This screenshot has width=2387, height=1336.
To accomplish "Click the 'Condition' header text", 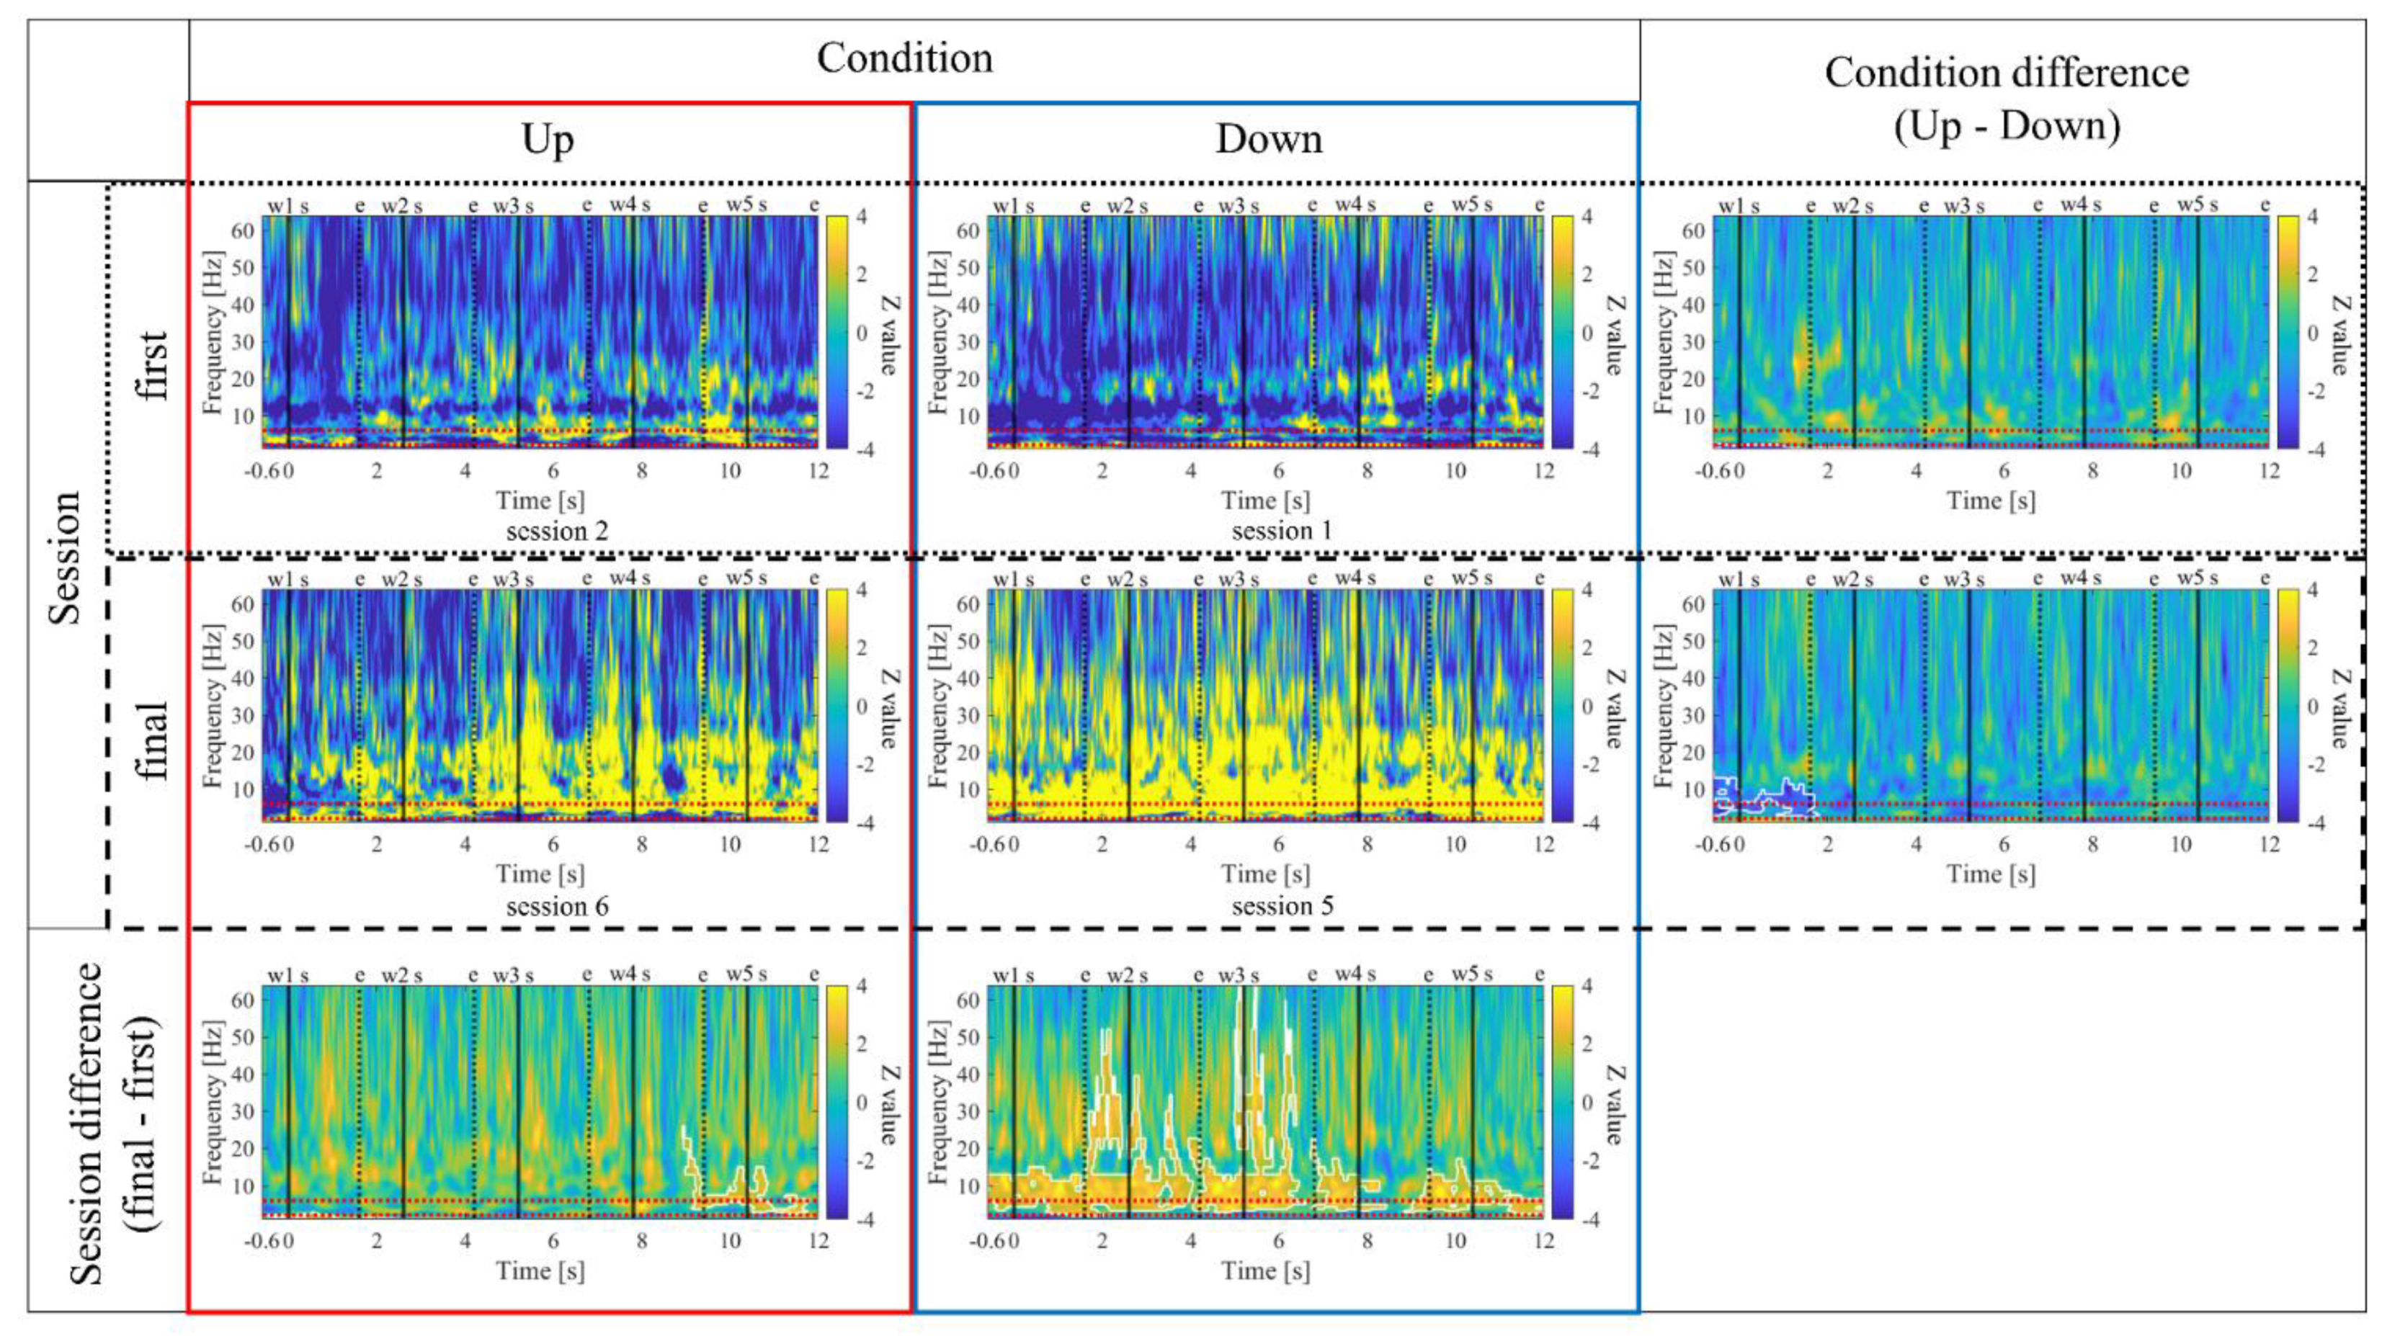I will [x=904, y=58].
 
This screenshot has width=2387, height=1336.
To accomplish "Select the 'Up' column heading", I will [x=548, y=140].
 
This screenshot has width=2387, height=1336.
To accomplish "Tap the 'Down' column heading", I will [x=1269, y=140].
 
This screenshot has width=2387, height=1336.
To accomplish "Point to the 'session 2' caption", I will [x=557, y=532].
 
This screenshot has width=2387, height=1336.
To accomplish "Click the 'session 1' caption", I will [x=1282, y=532].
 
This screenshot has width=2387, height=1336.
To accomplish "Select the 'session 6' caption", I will [x=557, y=906].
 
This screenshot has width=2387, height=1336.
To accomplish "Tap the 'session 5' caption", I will [x=1282, y=906].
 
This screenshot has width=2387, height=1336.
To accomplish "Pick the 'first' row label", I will [x=153, y=365].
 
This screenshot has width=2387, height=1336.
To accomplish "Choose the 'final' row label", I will [x=153, y=740].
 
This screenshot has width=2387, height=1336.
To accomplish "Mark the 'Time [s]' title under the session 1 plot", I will [x=1265, y=501].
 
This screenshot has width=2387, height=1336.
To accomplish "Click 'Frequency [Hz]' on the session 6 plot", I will [x=214, y=705].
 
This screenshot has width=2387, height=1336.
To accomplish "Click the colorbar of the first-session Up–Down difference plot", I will [x=2287, y=333].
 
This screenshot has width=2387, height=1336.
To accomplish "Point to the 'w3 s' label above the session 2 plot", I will [x=512, y=206].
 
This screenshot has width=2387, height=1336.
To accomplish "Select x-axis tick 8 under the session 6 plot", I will [x=641, y=845].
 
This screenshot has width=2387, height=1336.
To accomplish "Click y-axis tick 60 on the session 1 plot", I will [x=968, y=230].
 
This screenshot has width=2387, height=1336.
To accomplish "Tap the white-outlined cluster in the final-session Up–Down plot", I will [x=1761, y=799].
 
